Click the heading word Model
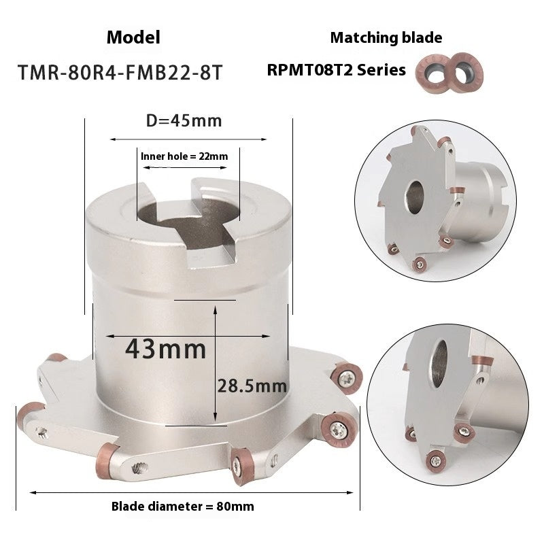(133, 37)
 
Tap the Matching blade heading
(386, 37)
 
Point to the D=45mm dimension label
(184, 121)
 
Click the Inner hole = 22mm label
(184, 156)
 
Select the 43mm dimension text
(166, 349)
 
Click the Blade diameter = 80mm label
(182, 507)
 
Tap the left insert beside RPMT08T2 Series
(432, 71)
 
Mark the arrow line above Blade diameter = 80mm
(188, 492)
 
